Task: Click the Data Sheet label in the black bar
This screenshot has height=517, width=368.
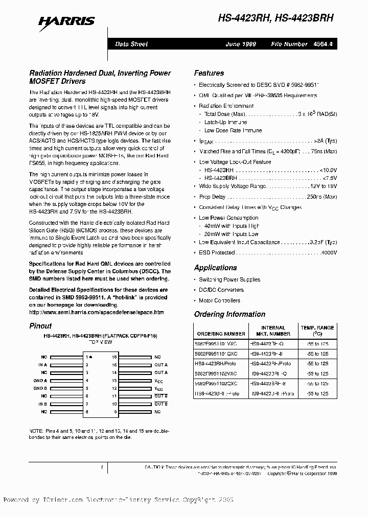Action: pos(131,44)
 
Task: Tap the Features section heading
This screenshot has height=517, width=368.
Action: pos(209,73)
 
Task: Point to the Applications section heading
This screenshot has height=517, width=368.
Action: pos(215,268)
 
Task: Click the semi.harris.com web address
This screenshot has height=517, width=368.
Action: pos(96,312)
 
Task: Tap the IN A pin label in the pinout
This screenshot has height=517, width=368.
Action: pos(42,365)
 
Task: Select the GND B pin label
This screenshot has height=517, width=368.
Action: pos(40,388)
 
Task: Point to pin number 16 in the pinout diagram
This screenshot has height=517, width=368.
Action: pos(114,357)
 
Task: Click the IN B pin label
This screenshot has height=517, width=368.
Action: pos(42,404)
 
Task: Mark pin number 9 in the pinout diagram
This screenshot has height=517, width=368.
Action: pos(115,411)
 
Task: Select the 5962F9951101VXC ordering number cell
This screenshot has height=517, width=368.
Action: pos(221,344)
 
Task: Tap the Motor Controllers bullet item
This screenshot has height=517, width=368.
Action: pos(219,300)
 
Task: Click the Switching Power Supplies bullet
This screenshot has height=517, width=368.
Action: pos(229,279)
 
